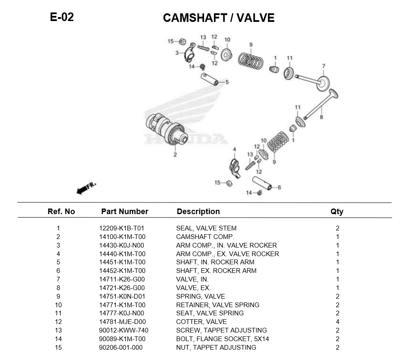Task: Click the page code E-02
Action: tap(62, 17)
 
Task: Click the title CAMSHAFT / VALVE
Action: tap(219, 18)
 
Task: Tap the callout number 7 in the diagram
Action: tap(324, 66)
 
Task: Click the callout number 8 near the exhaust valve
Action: tap(321, 116)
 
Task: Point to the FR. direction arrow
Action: tap(86, 188)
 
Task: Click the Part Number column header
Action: tap(124, 212)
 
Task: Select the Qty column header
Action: tap(337, 212)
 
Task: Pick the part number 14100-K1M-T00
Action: tap(122, 237)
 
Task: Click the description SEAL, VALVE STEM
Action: tap(206, 228)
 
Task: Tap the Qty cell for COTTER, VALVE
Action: tap(337, 322)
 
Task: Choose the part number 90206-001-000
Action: tap(121, 348)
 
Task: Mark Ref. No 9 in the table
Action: tap(58, 296)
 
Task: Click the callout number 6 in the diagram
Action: tap(279, 187)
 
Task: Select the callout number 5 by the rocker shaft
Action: tap(227, 82)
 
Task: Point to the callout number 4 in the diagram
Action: tap(234, 150)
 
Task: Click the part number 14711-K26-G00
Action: tap(122, 279)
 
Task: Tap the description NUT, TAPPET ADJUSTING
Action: tap(216, 348)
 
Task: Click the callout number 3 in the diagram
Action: tap(177, 53)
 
